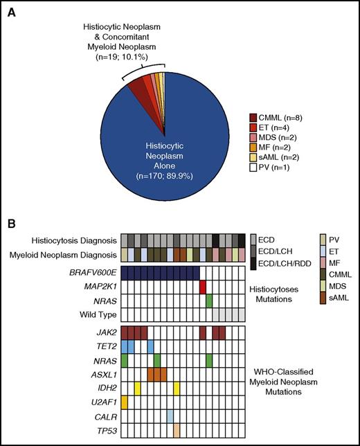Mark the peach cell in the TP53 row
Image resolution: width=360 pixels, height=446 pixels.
(177, 429)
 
